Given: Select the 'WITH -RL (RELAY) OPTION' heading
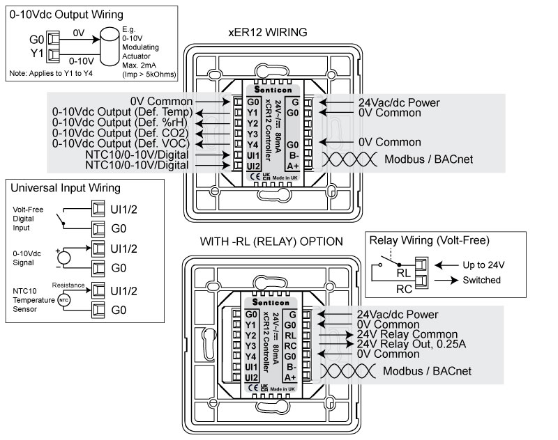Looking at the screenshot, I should tap(271, 242).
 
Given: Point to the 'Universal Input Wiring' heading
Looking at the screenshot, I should tap(66, 188).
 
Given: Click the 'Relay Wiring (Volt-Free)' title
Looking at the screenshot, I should tap(429, 241).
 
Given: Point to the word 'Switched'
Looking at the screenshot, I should tap(481, 280).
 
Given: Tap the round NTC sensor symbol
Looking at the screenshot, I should tap(63, 299).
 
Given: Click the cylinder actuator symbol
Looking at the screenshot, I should tap(109, 43).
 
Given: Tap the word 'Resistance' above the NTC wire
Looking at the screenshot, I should tap(68, 285).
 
